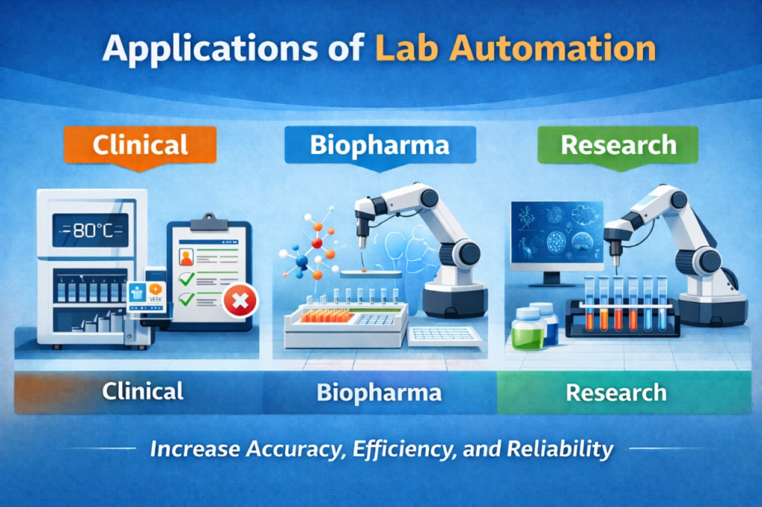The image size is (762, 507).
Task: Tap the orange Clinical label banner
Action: click(x=140, y=145)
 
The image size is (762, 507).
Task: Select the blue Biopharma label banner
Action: click(x=380, y=145)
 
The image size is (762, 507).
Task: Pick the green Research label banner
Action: click(x=618, y=145)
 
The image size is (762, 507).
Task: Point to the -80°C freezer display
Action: click(x=91, y=230)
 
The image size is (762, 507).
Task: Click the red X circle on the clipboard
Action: click(x=240, y=300)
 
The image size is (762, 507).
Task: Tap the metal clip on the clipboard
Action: click(x=209, y=222)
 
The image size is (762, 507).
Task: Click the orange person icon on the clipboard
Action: click(x=186, y=257)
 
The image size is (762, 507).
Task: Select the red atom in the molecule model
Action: click(x=317, y=243)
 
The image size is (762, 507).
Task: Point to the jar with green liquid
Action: click(x=528, y=329)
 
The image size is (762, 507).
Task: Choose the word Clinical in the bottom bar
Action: click(x=142, y=392)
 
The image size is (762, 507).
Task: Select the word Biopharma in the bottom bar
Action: click(x=379, y=393)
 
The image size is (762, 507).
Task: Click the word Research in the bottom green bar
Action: click(x=616, y=393)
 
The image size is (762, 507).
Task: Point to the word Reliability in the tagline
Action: click(x=560, y=449)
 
